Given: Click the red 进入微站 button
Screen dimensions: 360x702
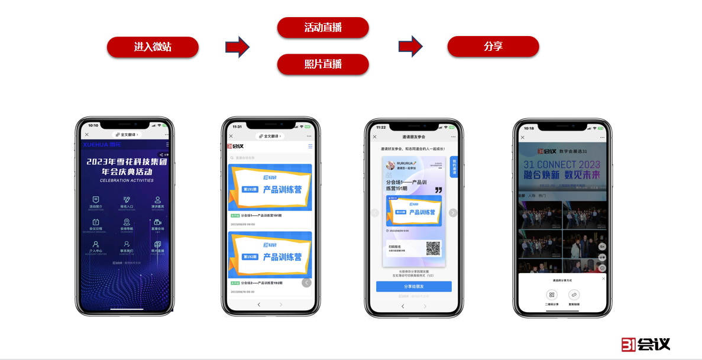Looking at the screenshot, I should (x=153, y=47).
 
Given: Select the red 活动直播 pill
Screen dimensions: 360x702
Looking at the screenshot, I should (x=323, y=28).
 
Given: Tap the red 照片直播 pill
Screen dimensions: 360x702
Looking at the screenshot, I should (x=323, y=64).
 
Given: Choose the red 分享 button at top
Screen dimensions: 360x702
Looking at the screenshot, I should (x=493, y=47).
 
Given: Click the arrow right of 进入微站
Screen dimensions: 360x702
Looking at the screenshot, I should (x=238, y=47).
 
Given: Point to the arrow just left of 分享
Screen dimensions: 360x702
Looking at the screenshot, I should (x=410, y=46).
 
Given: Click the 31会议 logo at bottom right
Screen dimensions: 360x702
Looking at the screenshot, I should (x=646, y=344).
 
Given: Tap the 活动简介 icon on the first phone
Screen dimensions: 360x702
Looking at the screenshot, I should (x=96, y=201).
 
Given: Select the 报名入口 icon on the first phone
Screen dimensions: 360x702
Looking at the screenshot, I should (x=127, y=201).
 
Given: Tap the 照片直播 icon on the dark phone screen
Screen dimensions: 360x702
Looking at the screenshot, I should (x=157, y=245).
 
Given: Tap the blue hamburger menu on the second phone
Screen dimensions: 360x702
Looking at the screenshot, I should (x=310, y=146).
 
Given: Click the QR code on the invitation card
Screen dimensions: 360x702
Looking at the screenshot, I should (x=434, y=249).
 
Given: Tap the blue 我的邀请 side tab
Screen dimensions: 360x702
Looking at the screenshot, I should (x=454, y=167).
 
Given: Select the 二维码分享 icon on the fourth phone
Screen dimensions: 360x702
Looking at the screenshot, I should (x=551, y=294).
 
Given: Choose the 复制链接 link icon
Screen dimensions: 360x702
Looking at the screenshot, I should (x=574, y=294).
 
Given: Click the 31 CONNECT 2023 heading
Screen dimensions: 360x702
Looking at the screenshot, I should (x=561, y=164).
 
